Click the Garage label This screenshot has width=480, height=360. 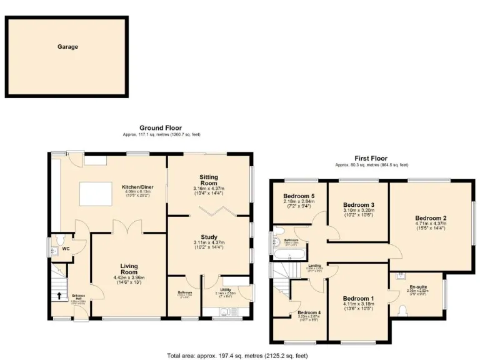pyautogui.click(x=67, y=47)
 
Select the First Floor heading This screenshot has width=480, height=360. pyautogui.click(x=371, y=159)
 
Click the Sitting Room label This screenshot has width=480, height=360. pyautogui.click(x=209, y=181)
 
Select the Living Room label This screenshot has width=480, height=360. pyautogui.click(x=129, y=269)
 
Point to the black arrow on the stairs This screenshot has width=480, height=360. pyautogui.click(x=60, y=296)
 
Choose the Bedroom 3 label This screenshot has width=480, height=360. pyautogui.click(x=358, y=204)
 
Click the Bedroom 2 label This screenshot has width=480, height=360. pyautogui.click(x=431, y=218)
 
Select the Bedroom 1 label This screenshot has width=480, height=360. pyautogui.click(x=358, y=298)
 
